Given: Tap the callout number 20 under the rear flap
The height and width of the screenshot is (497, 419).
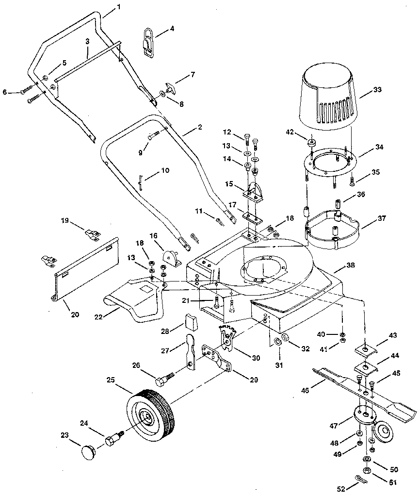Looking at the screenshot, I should coord(75,314).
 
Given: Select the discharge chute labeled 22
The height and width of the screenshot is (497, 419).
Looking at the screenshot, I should coord(131,303).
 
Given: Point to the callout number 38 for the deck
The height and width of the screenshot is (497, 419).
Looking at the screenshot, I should coord(351,266).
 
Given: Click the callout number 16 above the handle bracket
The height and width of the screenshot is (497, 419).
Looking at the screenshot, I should coord(154,235).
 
